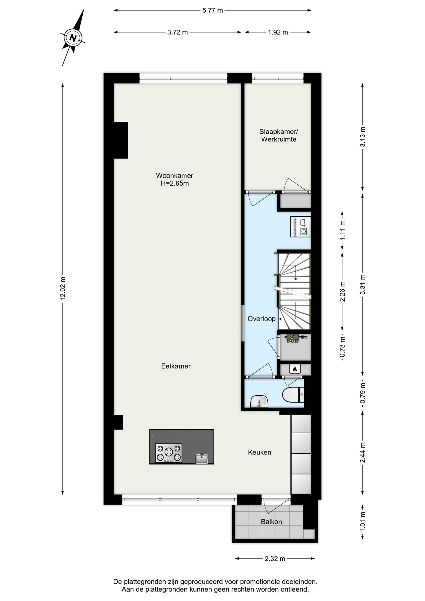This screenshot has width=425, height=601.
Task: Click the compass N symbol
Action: click(73, 38)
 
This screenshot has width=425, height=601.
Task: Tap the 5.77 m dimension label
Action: click(213, 10)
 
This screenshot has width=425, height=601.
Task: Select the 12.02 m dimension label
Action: click(63, 288)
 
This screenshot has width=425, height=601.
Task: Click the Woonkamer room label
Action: click(175, 176)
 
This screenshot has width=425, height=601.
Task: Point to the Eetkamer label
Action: click(176, 366)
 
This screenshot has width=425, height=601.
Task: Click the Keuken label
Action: click(259, 452)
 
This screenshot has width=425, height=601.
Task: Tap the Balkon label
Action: click(271, 522)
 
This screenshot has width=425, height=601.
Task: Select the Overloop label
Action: click(262, 319)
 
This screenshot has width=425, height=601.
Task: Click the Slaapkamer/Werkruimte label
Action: click(279, 136)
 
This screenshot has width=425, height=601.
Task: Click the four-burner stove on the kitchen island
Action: click(169, 453)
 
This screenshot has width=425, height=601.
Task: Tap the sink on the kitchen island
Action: click(202, 459)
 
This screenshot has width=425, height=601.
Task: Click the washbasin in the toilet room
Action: click(259, 401)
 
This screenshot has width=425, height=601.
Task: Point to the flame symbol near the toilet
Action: click(294, 369)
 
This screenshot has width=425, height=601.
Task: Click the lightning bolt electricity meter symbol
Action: click(292, 338)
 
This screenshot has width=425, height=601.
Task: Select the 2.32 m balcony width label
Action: click(275, 559)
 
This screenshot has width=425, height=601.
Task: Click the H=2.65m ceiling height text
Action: click(175, 183)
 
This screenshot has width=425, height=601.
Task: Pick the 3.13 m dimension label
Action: click(362, 137)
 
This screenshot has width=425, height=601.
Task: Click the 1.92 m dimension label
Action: click(278, 32)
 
